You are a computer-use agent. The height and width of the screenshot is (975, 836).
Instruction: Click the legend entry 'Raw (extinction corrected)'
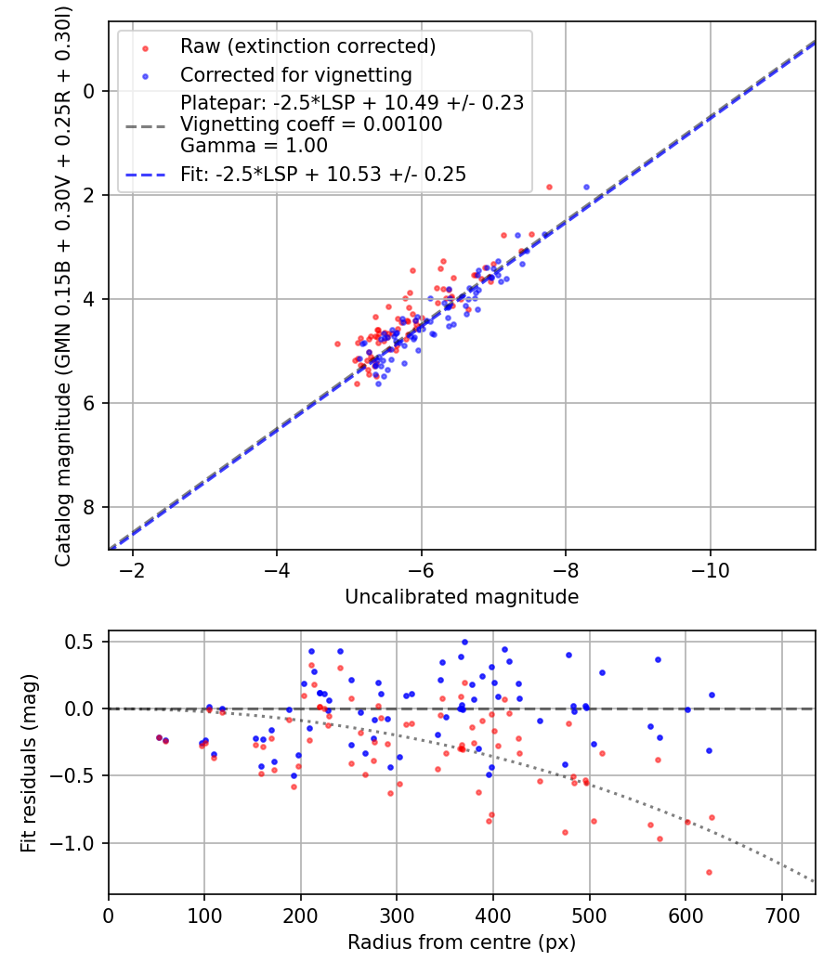tap(307, 46)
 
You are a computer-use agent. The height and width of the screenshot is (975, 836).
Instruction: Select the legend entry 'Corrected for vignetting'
tap(295, 74)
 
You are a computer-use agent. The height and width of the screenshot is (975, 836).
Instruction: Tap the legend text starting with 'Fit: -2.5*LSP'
tap(322, 174)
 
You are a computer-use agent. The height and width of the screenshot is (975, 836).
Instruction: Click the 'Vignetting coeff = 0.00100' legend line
tap(311, 123)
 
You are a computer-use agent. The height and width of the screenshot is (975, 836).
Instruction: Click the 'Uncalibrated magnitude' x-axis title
tap(462, 597)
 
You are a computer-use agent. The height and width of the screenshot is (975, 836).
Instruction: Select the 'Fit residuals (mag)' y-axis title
tap(29, 762)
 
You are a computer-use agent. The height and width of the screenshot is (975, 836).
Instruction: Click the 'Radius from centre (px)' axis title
tap(462, 942)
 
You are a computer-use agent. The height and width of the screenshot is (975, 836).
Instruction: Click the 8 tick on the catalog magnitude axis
tap(90, 507)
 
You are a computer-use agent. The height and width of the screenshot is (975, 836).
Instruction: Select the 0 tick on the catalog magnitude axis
tap(90, 91)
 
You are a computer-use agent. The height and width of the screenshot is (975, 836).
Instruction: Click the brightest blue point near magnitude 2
tap(586, 187)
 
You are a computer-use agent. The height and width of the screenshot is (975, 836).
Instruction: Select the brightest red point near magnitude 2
tap(549, 187)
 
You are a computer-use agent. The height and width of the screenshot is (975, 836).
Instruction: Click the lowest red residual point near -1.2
tap(709, 872)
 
